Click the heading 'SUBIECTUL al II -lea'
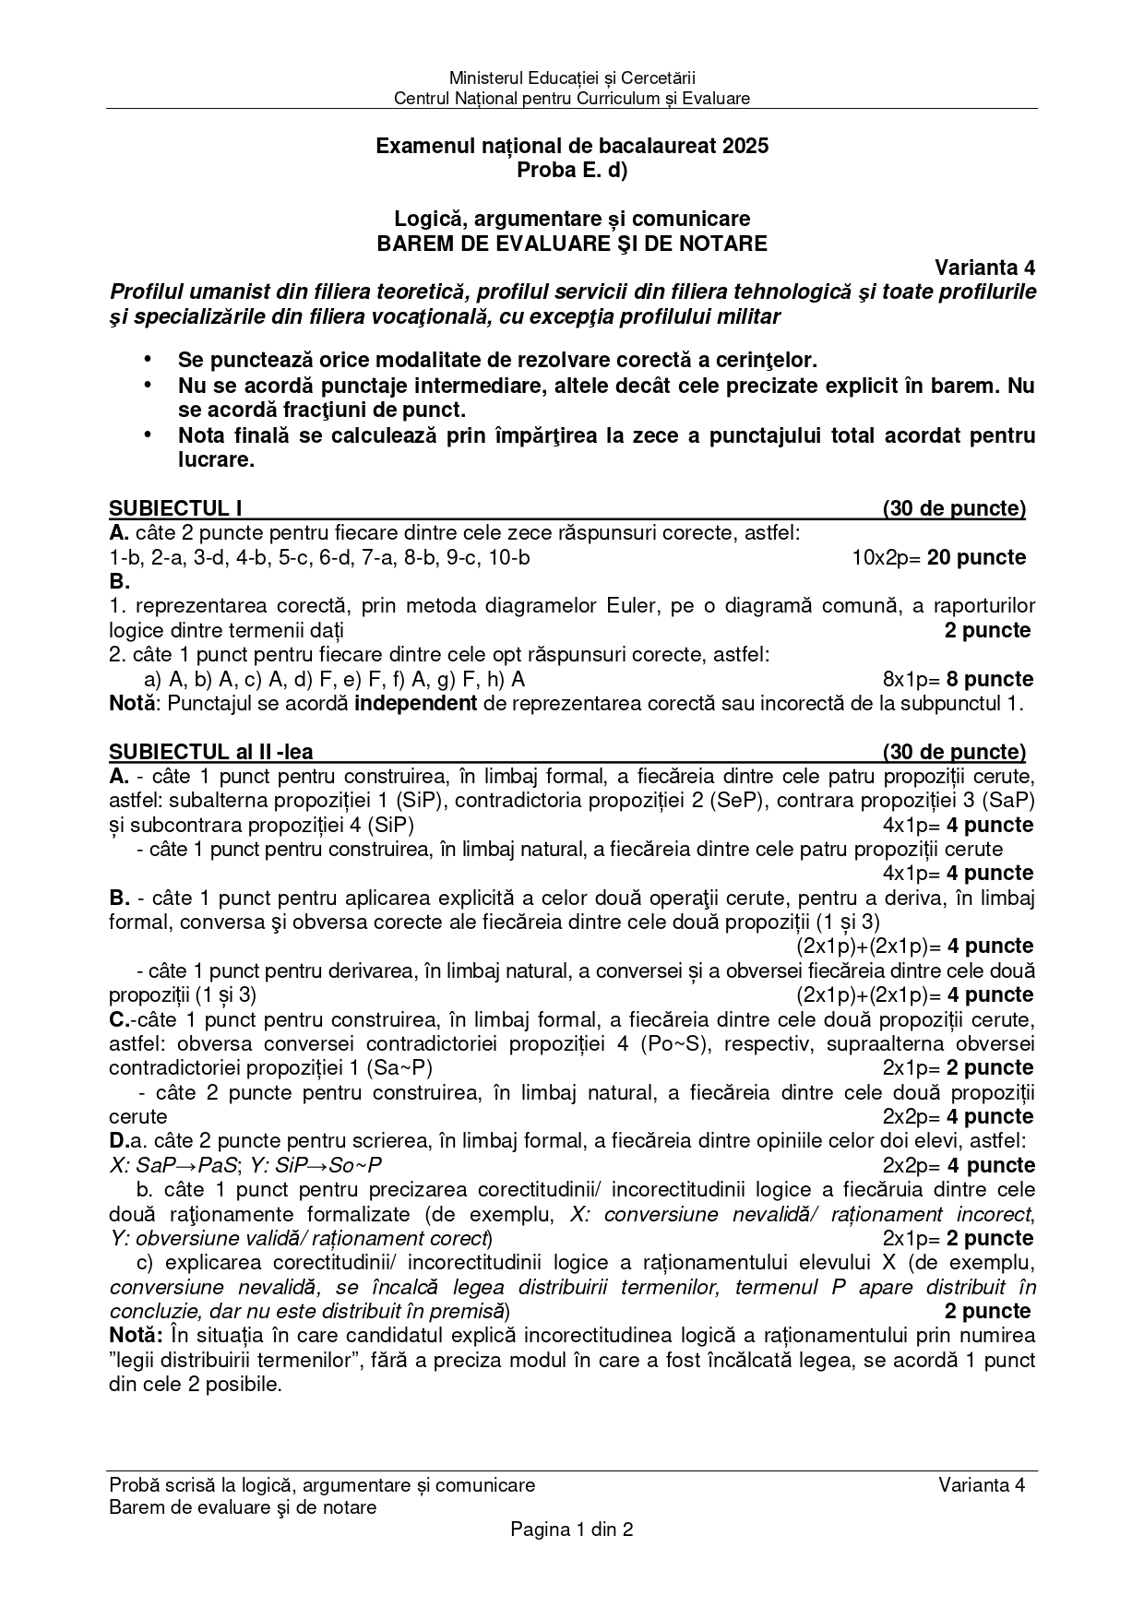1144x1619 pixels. [217, 752]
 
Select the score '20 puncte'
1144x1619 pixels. [976, 557]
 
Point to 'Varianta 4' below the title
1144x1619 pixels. [984, 268]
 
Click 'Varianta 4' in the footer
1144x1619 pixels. [982, 1484]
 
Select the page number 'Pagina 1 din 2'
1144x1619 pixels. [571, 1530]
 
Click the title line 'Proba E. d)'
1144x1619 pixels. [571, 170]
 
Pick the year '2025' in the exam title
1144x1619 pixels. [745, 146]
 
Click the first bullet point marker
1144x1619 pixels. [147, 359]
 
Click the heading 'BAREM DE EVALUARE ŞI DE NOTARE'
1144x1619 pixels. [571, 244]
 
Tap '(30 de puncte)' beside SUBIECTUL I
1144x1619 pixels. [954, 508]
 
